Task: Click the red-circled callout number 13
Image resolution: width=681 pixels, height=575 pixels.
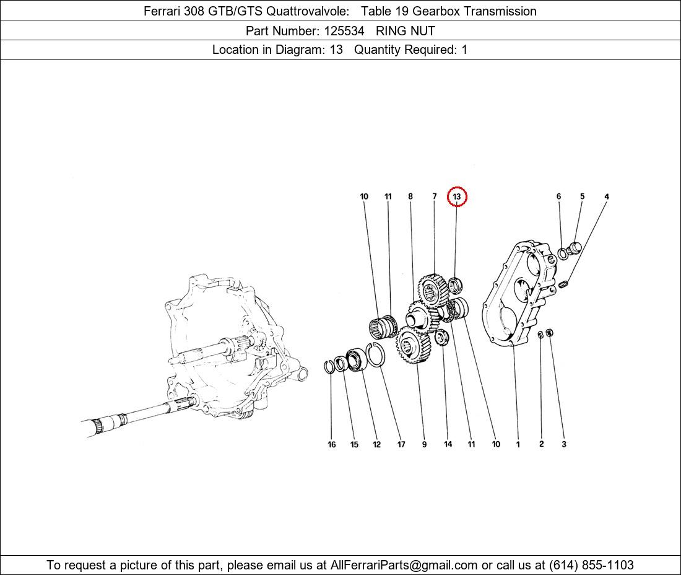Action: point(456,197)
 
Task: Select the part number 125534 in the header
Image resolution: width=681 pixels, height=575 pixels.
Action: point(344,31)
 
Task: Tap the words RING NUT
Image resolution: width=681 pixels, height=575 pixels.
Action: point(406,31)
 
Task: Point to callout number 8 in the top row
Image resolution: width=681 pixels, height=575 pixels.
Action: point(410,196)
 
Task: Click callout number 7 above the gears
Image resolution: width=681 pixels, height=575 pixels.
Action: point(435,196)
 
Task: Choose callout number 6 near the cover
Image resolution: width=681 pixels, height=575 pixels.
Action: point(558,196)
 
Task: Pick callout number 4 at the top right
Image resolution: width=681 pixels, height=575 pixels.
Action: point(607,196)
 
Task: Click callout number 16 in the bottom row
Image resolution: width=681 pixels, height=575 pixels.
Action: point(331,444)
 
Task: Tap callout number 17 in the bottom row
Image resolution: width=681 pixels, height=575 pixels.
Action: point(401,444)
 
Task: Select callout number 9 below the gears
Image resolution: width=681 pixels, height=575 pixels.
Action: point(424,444)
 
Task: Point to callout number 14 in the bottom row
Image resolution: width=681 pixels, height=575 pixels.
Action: point(448,444)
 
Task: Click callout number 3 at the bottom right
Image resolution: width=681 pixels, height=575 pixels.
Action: point(564,444)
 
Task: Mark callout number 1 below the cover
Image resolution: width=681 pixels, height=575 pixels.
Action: point(518,444)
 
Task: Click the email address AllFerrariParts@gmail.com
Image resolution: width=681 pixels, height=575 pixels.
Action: point(404,565)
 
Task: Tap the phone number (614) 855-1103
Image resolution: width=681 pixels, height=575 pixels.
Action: point(591,565)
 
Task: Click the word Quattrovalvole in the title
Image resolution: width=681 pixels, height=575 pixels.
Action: point(307,11)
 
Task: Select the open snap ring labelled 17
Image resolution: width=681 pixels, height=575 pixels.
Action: point(369,354)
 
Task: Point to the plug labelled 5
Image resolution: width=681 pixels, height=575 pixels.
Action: point(574,248)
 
